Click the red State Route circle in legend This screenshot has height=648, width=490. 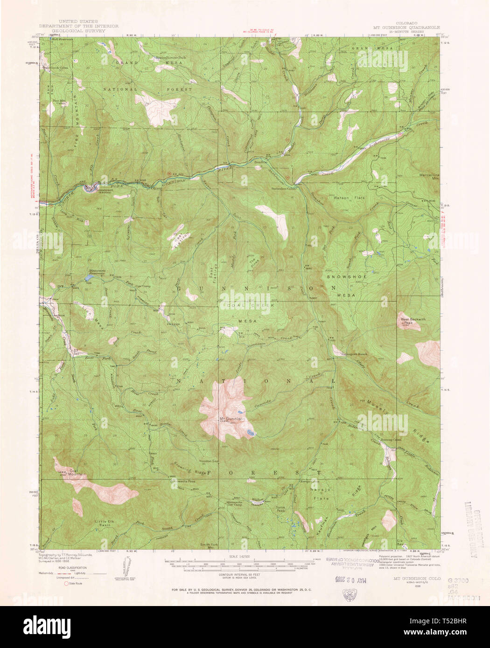coord(67,583)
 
